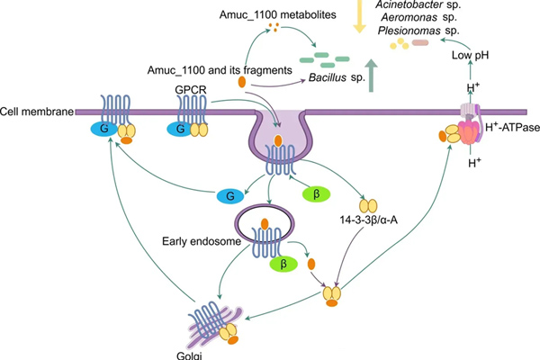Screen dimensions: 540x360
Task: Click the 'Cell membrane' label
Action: (x=37, y=112)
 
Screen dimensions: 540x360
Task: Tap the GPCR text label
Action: (x=191, y=90)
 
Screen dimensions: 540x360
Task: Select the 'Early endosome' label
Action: (x=202, y=241)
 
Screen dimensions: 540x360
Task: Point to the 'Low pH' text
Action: (x=470, y=55)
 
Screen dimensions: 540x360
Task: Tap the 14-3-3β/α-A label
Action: (x=369, y=220)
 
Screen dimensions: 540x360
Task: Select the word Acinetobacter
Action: (x=409, y=4)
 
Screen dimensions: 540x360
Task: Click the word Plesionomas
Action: (x=409, y=31)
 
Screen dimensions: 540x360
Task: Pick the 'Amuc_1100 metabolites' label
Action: (x=277, y=14)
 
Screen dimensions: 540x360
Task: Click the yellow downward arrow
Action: (x=359, y=16)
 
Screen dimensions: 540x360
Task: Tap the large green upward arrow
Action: (x=371, y=75)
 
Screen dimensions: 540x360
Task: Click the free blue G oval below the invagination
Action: (x=230, y=196)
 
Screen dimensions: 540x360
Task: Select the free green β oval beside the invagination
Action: (x=316, y=194)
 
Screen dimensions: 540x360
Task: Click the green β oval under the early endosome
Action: (x=283, y=265)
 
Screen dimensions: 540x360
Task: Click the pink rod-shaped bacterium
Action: (x=420, y=42)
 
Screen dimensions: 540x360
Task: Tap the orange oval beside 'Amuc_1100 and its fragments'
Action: (x=242, y=82)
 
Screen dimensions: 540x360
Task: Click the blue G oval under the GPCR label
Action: (x=180, y=130)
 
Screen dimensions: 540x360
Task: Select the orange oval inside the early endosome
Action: (x=265, y=224)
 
